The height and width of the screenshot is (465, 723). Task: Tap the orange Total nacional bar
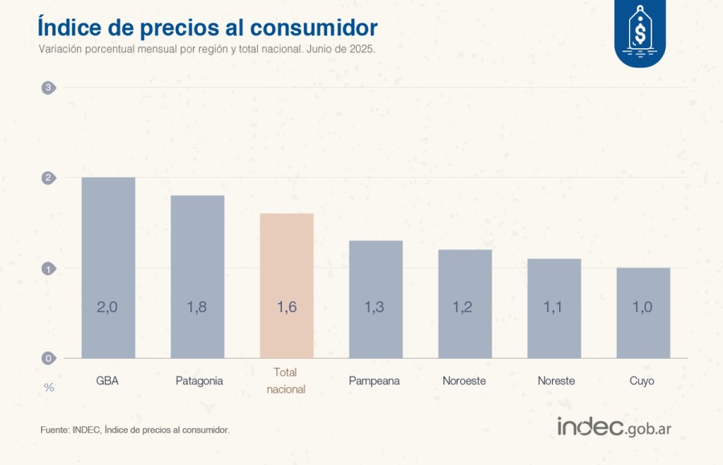pos(287,286)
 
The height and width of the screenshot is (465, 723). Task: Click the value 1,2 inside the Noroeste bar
pos(465,307)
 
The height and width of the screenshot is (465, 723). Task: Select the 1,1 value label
pos(554,307)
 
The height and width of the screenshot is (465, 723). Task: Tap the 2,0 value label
pos(108,307)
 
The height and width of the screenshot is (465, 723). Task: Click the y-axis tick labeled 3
pos(48,88)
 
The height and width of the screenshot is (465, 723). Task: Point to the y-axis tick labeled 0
pos(48,359)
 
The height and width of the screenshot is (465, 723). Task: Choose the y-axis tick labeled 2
pos(48,178)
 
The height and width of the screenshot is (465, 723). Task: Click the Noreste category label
pos(556,381)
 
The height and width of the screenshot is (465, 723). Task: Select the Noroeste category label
pos(464,381)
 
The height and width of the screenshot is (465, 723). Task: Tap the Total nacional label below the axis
pos(285,381)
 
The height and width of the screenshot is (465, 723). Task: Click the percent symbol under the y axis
pos(49,388)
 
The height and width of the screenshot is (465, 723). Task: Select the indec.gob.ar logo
pos(614,427)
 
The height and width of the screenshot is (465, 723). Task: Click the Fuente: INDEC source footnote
pos(135,430)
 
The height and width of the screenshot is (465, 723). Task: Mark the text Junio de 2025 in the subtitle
pos(341,49)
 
